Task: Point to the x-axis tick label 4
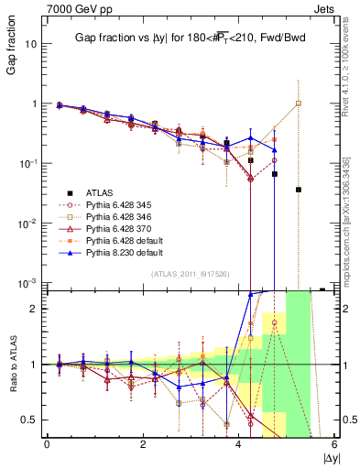point(239,444)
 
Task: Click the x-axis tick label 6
point(335,444)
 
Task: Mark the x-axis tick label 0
point(47,444)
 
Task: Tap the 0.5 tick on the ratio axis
point(30,419)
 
